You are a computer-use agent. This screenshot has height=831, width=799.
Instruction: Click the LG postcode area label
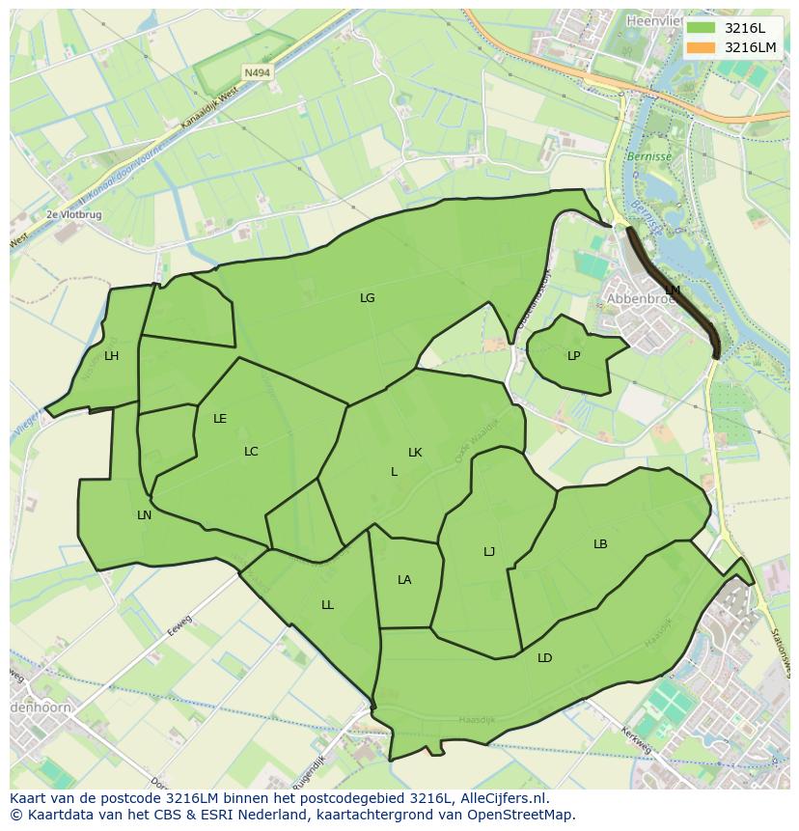click(367, 298)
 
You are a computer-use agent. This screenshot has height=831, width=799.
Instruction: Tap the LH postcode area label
click(111, 356)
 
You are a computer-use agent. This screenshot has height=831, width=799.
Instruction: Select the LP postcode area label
click(573, 356)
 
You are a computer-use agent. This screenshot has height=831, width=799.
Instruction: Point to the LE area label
click(220, 419)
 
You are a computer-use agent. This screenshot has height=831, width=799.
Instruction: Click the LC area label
click(251, 452)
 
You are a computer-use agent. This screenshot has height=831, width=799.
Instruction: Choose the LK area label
click(415, 453)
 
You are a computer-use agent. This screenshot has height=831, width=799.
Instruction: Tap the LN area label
click(144, 515)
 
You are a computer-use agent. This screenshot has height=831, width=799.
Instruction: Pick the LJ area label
click(489, 552)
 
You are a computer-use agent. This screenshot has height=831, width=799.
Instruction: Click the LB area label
click(600, 544)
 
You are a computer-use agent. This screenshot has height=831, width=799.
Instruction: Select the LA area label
click(404, 580)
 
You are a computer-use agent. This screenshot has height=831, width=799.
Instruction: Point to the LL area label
click(327, 605)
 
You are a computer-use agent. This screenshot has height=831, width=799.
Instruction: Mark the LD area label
click(544, 658)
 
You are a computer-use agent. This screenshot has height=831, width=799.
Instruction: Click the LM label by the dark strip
click(673, 290)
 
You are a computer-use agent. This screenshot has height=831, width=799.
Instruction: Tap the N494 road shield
click(257, 72)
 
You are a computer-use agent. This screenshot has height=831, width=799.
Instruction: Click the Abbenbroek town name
click(640, 299)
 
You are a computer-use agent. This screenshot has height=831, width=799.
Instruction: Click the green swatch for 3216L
click(702, 28)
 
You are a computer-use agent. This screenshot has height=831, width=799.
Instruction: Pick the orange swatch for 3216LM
click(702, 47)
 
